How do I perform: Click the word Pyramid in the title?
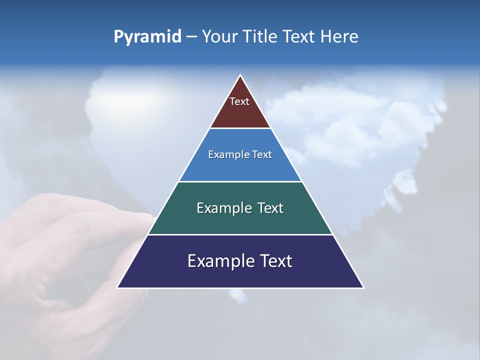(x=147, y=37)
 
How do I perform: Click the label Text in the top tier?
(x=239, y=101)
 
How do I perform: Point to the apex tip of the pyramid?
(x=240, y=76)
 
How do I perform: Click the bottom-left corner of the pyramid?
(x=118, y=287)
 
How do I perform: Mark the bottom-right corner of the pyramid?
(x=363, y=287)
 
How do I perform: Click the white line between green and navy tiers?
(x=240, y=234)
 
